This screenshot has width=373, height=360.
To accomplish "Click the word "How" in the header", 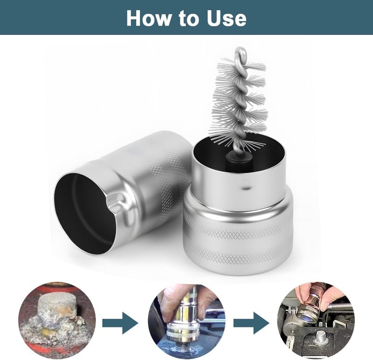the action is [x=148, y=18].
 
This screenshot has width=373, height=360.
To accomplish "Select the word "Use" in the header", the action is [x=227, y=18].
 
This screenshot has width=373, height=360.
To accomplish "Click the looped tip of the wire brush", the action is [x=240, y=52].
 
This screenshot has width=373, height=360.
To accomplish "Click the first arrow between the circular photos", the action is [x=120, y=323].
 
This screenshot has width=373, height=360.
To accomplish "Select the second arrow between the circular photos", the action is [x=251, y=323].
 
